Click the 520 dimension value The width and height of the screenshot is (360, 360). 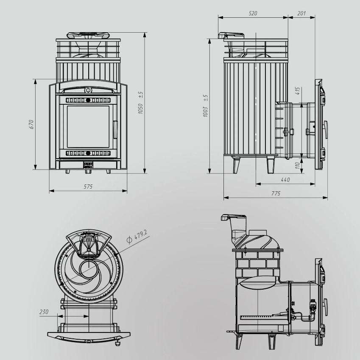[253, 13]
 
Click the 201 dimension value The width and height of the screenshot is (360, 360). [301, 13]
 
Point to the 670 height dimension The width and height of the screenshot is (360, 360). [31, 124]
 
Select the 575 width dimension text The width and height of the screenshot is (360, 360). [88, 187]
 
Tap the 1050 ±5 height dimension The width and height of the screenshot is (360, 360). [140, 103]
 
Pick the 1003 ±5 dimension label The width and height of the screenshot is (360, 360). [206, 106]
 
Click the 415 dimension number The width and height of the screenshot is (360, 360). [297, 91]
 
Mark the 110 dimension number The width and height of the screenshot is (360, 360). [297, 165]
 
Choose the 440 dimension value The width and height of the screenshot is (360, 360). [285, 180]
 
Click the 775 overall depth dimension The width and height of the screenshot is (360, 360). [276, 193]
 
